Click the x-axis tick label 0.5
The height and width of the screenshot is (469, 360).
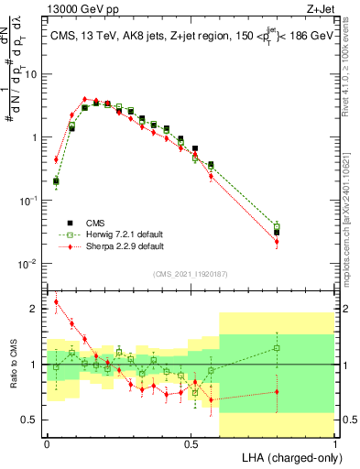tap(191, 443)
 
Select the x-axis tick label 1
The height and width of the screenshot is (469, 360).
tap(335, 443)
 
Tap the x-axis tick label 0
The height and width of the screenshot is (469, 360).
tap(47, 443)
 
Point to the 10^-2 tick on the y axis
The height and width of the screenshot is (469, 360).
tap(30, 264)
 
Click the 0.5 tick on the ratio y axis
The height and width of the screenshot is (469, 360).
tap(33, 420)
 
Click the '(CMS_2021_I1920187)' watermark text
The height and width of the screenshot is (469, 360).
tap(191, 273)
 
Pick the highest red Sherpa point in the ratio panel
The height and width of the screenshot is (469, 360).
tap(57, 301)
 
